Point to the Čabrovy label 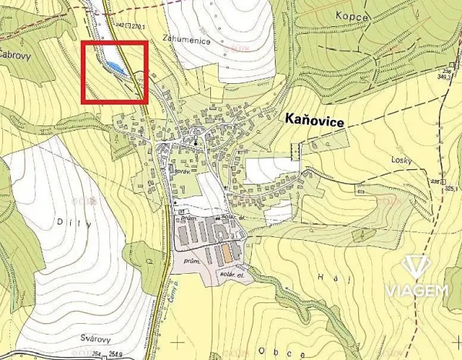coord(13,55)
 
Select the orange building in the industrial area coord(229,252)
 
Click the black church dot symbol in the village coord(196,143)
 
